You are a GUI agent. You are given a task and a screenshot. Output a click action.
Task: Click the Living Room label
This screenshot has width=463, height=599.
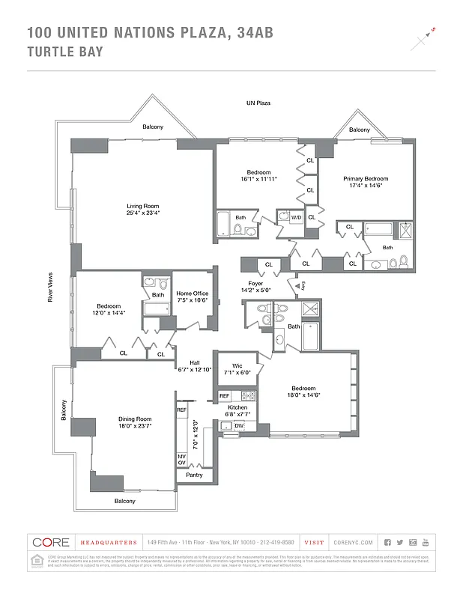(142, 207)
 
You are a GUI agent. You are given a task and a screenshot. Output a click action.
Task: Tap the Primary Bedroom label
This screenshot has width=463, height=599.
(366, 179)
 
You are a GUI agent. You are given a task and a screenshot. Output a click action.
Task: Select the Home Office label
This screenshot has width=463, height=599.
(192, 294)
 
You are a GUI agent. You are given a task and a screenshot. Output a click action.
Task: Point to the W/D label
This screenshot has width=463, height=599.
(296, 218)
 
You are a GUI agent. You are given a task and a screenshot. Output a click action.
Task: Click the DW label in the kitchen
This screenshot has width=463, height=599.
(239, 426)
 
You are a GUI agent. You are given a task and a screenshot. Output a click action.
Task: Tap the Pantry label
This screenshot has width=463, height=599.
(194, 475)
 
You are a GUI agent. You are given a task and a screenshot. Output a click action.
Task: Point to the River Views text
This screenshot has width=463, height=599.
(50, 287)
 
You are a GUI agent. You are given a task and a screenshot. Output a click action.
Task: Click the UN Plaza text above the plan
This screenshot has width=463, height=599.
(258, 103)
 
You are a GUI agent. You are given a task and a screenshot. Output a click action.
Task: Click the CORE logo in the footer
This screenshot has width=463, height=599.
(51, 542)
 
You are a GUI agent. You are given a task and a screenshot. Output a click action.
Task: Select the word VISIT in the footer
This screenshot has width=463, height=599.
(315, 542)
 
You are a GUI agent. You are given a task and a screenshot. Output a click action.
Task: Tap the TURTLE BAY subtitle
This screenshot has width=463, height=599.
(65, 52)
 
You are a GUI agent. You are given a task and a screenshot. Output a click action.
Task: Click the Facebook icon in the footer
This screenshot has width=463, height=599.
(387, 542)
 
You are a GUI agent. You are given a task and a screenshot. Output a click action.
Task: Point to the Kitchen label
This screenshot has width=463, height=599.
(237, 407)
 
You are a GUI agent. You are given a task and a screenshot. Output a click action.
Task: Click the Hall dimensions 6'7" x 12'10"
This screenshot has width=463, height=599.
(194, 369)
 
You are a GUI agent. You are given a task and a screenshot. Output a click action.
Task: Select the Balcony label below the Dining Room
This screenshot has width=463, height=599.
(125, 501)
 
